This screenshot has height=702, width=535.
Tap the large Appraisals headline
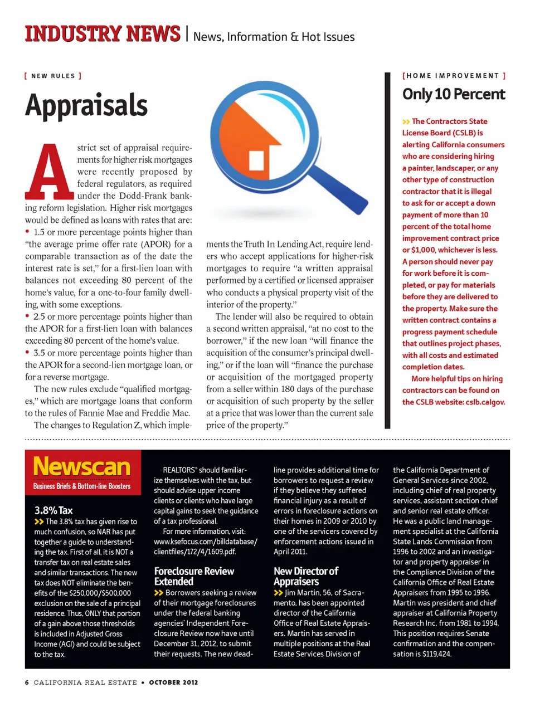coord(86,105)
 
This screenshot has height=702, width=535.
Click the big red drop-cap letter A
coord(49,172)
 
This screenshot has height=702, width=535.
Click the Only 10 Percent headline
coord(454,94)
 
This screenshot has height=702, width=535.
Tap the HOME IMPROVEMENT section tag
coord(454,76)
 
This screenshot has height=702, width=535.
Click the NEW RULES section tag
coord(53,76)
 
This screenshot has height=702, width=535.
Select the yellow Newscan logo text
coord(82,467)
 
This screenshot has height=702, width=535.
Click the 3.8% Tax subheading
coord(53,510)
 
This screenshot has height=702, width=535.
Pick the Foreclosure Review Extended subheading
coord(194,576)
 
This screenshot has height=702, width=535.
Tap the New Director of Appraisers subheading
coord(306,576)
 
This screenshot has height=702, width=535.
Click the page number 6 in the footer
coord(27,682)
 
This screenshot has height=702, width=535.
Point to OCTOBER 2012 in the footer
coord(173,682)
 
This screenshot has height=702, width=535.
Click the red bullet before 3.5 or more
coord(27,352)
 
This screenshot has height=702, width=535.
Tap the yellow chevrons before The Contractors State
coord(406,121)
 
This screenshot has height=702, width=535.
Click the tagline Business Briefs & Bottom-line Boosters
coord(82,486)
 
